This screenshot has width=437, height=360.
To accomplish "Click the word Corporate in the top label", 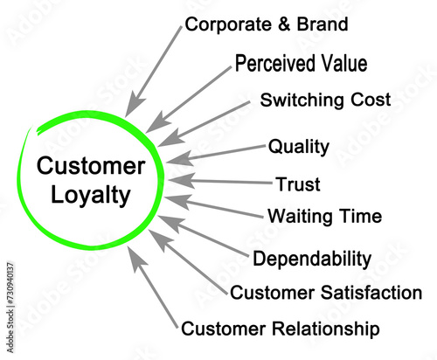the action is (x=228, y=24).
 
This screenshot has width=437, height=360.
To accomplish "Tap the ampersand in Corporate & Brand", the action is (x=284, y=24).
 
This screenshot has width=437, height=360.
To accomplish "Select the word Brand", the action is (x=323, y=24).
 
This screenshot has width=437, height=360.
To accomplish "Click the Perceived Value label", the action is (x=301, y=63).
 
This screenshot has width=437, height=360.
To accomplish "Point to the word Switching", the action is (x=302, y=100).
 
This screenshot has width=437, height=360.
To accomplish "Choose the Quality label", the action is (x=299, y=147).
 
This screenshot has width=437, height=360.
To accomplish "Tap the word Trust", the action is (x=298, y=184).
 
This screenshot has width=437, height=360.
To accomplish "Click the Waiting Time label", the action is (x=324, y=217).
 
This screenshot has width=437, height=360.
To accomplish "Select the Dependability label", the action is (x=312, y=259).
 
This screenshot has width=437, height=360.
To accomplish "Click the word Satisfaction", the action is (x=371, y=293).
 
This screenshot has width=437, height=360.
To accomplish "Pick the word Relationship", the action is (x=326, y=329).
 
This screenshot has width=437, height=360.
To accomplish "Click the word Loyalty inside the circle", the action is (x=90, y=196).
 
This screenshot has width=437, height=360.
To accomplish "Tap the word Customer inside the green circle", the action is (x=91, y=166).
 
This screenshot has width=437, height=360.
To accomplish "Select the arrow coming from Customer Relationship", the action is (x=153, y=287).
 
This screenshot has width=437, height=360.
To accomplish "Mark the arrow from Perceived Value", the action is (x=189, y=100).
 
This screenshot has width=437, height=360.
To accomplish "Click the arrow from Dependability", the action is (x=204, y=236).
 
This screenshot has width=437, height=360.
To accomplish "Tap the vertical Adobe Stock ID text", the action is (x=10, y=308).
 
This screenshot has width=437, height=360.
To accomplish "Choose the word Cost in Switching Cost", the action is (x=371, y=100).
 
